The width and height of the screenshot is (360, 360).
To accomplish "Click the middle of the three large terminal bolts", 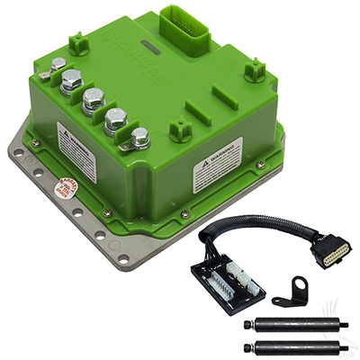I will coord(94,99).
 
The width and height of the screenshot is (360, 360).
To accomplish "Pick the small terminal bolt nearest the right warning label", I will coord(140,138).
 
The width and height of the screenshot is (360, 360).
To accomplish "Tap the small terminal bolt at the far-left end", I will coord(58,65).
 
